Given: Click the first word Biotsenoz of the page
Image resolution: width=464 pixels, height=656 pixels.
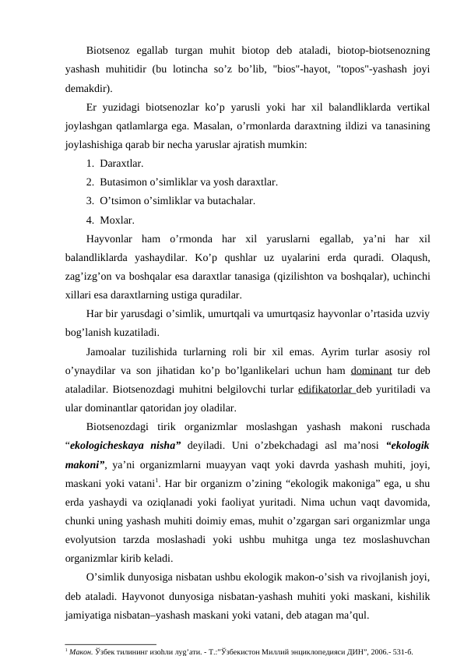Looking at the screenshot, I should coord(109,51).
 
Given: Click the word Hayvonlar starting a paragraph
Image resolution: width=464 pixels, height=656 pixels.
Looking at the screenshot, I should coord(111,239).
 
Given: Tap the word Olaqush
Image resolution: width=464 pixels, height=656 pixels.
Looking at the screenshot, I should coord(412,258).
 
